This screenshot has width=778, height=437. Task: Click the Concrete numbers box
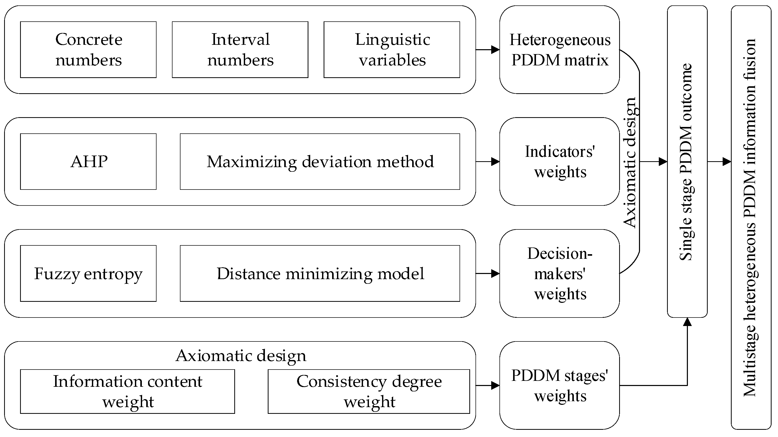click(88, 49)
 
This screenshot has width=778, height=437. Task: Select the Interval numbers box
click(240, 49)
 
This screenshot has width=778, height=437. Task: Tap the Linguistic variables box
click(392, 49)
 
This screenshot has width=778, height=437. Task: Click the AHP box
click(88, 161)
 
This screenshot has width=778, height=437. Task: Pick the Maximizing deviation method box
click(320, 161)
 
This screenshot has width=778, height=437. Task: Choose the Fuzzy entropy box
click(88, 273)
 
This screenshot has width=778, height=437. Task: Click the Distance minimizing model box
click(320, 273)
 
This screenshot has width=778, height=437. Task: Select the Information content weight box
click(127, 391)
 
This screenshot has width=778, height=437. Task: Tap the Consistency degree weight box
click(369, 391)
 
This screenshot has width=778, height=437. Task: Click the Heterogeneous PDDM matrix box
click(559, 49)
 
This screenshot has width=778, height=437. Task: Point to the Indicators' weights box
click(559, 161)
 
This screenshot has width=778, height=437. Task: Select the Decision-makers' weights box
click(559, 273)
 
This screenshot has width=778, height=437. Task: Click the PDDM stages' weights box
click(559, 385)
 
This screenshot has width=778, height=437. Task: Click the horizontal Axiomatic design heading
click(241, 355)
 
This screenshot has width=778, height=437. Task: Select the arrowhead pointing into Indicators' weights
click(495, 161)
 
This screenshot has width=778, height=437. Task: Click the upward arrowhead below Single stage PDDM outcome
click(687, 322)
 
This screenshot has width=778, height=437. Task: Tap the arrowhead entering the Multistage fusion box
click(727, 161)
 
